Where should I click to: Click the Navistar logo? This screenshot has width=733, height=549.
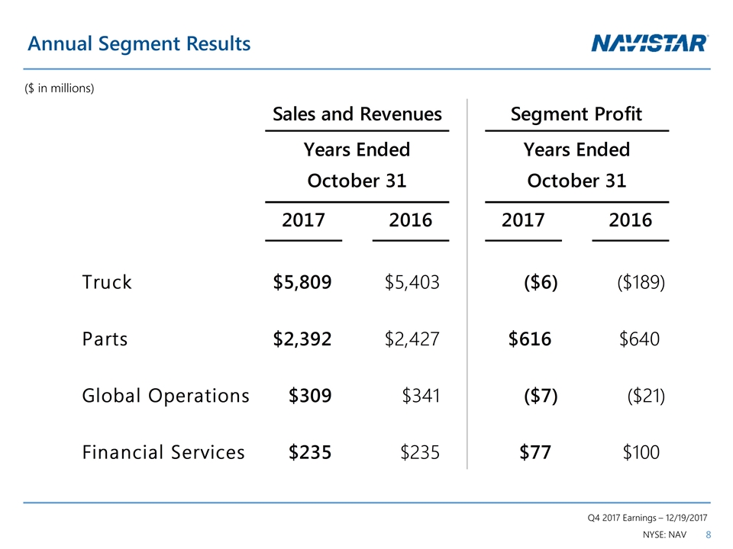point(650,43)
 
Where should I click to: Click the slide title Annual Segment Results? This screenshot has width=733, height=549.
point(139,44)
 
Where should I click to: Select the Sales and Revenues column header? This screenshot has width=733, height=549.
point(357,114)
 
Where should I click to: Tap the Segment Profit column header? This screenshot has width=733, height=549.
point(576,114)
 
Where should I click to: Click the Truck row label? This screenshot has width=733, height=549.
point(107,282)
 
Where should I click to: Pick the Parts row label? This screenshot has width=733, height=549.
point(105,339)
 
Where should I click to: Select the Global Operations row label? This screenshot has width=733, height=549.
point(166,396)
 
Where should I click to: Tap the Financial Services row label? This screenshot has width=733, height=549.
point(163,452)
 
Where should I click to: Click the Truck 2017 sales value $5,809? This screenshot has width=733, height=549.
point(302,282)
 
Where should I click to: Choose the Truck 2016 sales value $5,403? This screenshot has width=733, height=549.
point(412,282)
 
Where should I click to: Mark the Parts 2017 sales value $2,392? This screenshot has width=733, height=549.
point(302,339)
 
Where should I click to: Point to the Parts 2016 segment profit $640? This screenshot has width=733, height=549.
point(639,339)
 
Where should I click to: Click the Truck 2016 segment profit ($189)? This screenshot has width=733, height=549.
point(641,282)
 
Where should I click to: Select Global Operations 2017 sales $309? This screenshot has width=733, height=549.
point(310,396)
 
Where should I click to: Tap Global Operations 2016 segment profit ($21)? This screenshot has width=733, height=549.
point(645,396)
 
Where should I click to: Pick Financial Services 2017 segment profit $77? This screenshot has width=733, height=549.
point(535,452)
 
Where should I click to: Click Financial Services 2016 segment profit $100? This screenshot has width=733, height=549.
point(641,452)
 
